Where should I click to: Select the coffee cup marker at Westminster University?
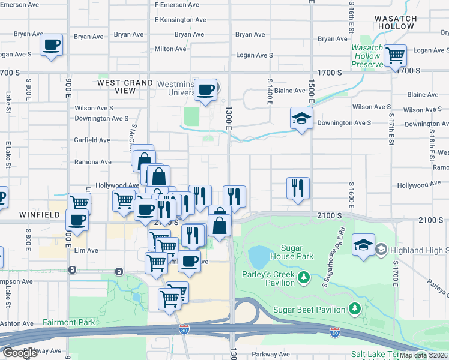click(206, 90)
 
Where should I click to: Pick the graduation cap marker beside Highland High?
click(363, 245)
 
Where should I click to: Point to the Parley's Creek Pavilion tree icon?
click(304, 277)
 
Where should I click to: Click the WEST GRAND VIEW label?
click(125, 86)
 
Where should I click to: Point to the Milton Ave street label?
click(172, 49)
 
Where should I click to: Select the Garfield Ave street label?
click(92, 140)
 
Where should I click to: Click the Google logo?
click(20, 352)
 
